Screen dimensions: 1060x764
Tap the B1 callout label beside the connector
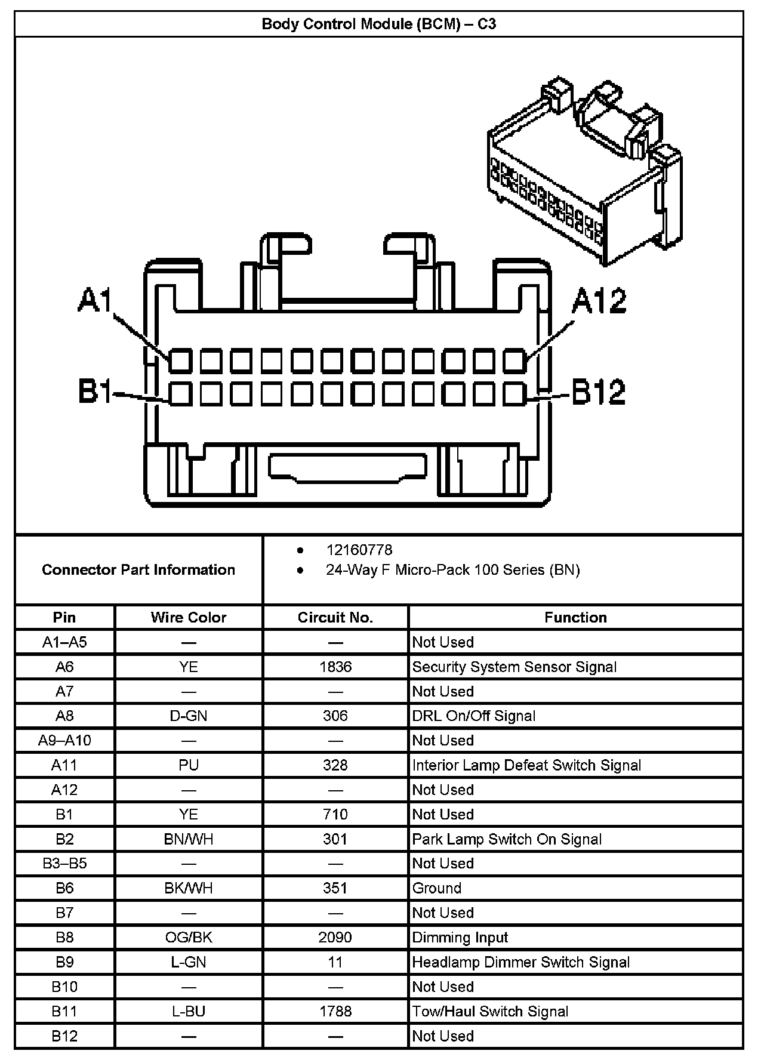[95, 392]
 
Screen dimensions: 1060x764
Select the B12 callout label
[599, 392]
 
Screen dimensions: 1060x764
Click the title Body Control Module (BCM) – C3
[379, 24]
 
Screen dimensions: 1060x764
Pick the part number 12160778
[359, 550]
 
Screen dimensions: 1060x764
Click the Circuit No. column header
[335, 617]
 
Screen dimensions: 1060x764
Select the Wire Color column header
[188, 617]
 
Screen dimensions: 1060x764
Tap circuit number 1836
[335, 667]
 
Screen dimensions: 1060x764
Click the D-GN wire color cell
[188, 716]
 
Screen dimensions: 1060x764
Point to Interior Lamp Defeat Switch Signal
[526, 765]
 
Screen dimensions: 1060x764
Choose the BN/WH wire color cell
[188, 839]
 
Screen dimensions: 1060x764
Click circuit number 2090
[335, 938]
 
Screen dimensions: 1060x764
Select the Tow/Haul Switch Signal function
[490, 1012]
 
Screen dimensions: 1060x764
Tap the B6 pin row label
[64, 888]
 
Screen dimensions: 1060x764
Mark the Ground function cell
[437, 888]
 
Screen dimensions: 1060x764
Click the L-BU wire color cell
[188, 1012]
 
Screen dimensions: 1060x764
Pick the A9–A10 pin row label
[64, 741]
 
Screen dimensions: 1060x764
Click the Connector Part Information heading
[138, 569]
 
